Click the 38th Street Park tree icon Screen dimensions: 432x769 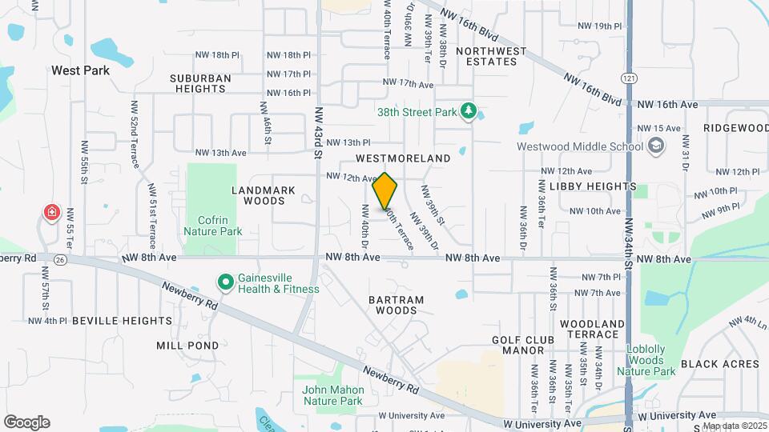tap(469, 113)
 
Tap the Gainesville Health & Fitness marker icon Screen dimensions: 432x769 tap(225, 282)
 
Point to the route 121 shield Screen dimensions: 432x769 tap(629, 77)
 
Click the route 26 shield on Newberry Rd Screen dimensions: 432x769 tap(60, 260)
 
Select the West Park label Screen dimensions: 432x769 tap(80, 70)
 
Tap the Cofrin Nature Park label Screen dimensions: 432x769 tap(212, 225)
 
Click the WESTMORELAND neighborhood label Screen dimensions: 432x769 tap(403, 159)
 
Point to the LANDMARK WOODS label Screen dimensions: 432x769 tap(264, 195)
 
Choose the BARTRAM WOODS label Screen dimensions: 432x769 tap(396, 305)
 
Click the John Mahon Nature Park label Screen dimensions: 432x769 tap(333, 395)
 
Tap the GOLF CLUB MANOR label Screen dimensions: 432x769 tap(523, 346)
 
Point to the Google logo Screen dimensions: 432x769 tap(26, 422)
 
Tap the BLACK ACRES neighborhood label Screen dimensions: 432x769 tap(719, 364)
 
